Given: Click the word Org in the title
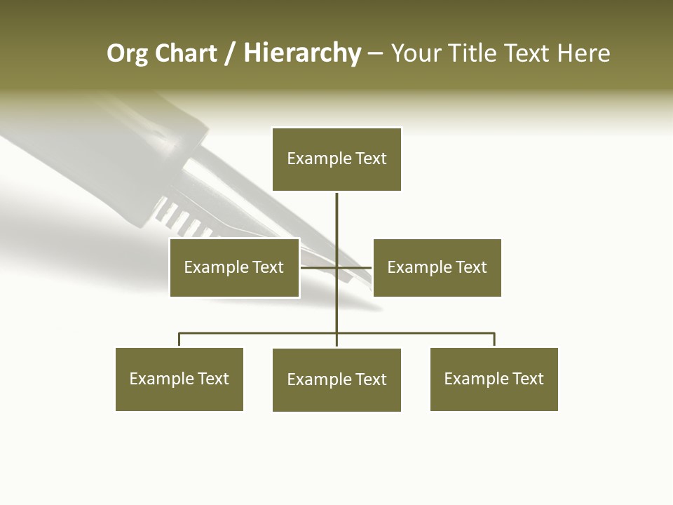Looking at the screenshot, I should pos(127,53).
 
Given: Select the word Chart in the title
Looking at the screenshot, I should pos(186,53).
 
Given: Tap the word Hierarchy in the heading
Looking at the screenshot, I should pos(302,53).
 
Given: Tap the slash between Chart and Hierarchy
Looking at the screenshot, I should pos(230,54).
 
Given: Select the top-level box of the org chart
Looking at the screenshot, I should pos(336,159).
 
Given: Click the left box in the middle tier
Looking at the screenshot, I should pos(234,267).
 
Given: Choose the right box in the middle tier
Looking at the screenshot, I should pos(437,267).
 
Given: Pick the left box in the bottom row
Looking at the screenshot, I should pos(179,379).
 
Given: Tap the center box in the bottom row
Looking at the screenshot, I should pos(336,379).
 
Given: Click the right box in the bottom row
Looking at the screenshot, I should pos(494,379).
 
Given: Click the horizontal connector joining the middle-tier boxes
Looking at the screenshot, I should pos(319,267).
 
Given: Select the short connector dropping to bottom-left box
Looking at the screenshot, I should pos(179,339).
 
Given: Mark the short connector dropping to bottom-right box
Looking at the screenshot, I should pos(494,339).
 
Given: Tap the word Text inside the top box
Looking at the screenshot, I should pos(371,159).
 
